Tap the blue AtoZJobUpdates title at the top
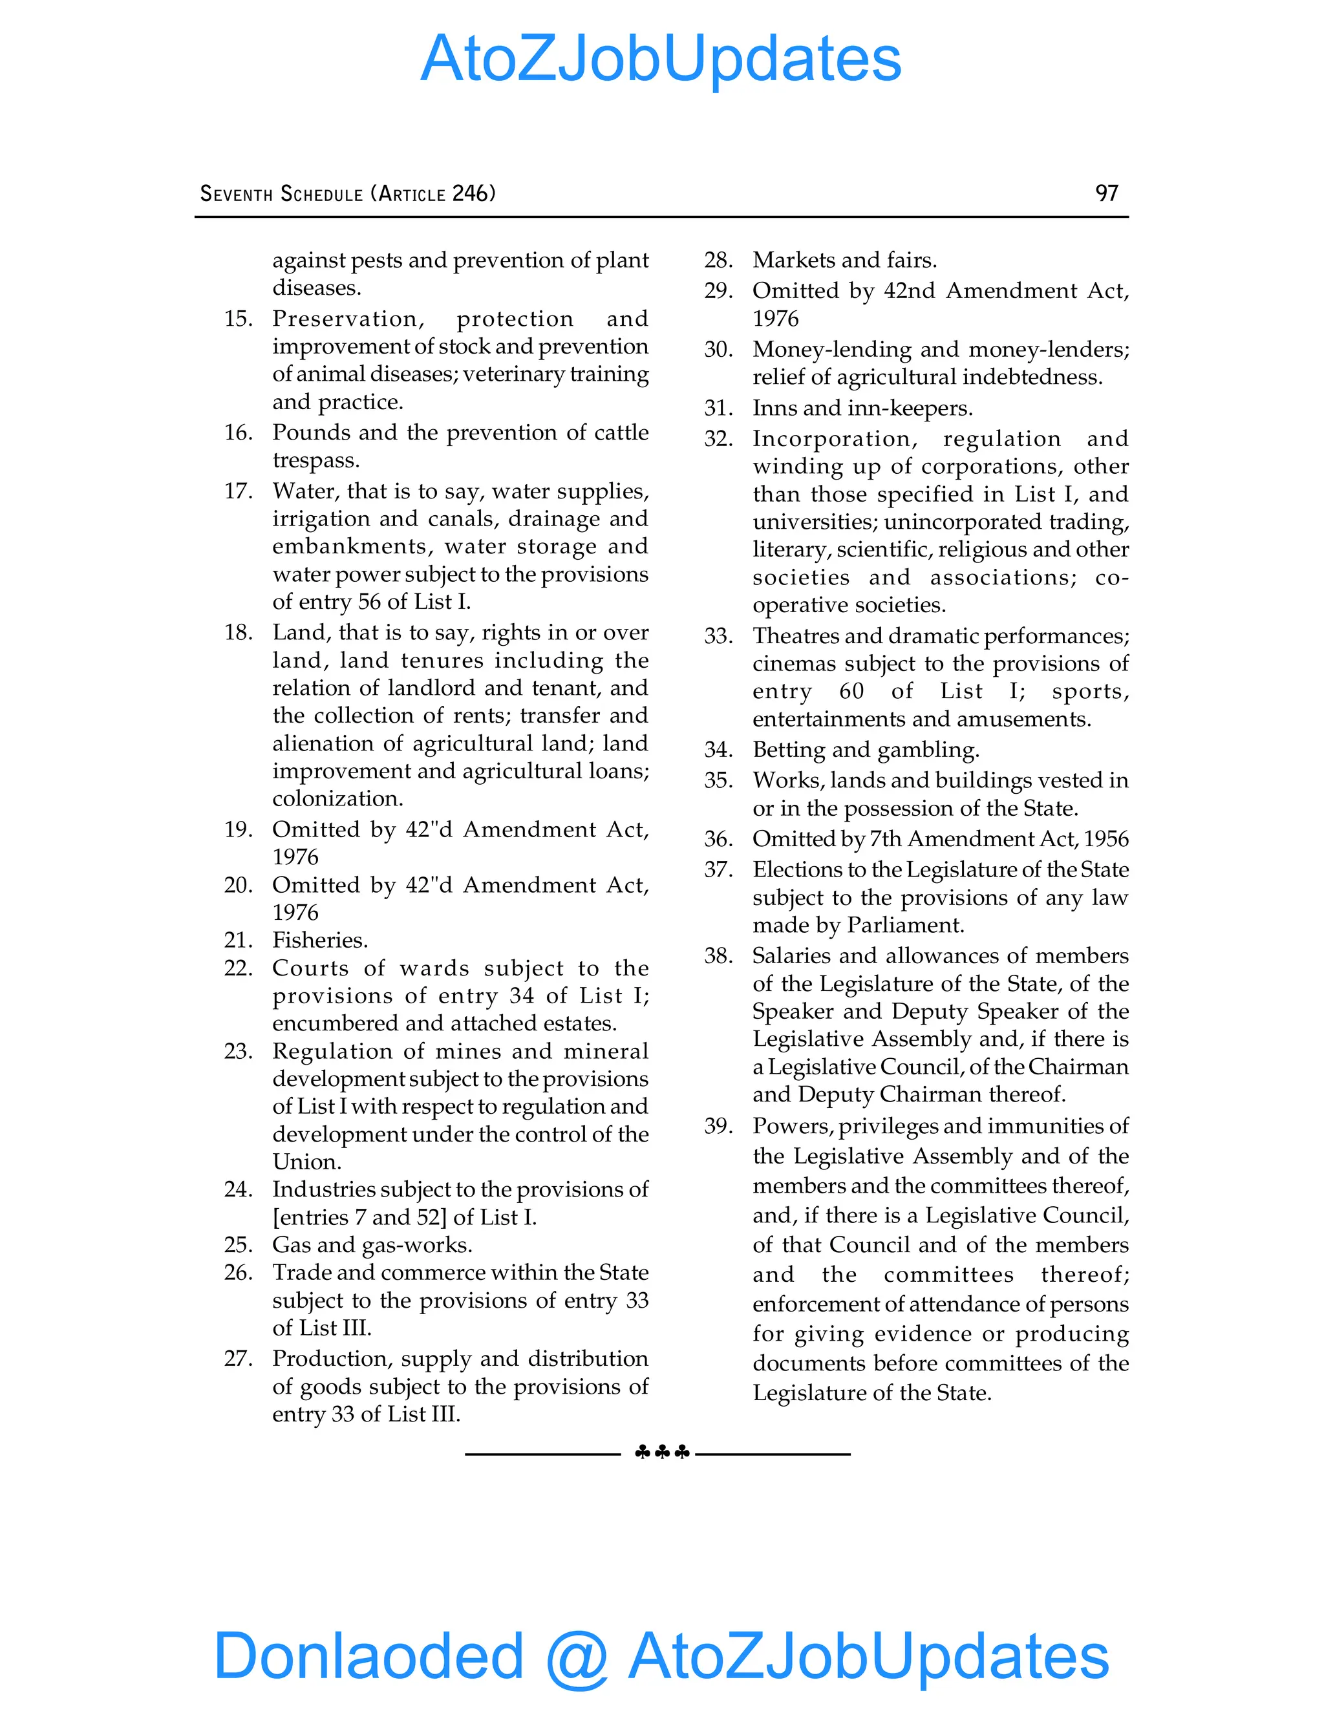661,59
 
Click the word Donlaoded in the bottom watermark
368,1655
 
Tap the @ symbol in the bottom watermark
577,1657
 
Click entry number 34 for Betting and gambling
718,750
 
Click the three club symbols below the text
662,1452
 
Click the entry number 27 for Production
238,1359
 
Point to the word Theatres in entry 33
798,635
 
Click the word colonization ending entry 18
337,798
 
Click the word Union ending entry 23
306,1162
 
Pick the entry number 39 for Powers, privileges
718,1126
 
